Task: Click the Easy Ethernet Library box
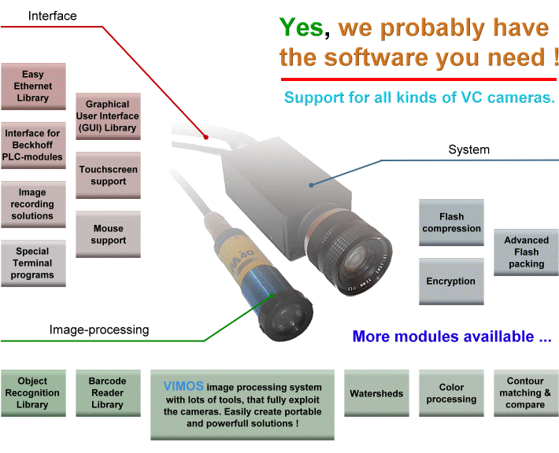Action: point(32,87)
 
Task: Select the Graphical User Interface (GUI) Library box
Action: point(108,116)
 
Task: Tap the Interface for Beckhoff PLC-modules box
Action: point(32,145)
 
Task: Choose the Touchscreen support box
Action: point(108,175)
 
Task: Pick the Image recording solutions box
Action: point(32,204)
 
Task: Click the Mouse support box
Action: point(108,234)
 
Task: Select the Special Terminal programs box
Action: point(32,263)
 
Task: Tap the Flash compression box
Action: point(451,223)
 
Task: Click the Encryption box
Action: point(451,282)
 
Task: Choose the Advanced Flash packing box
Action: point(526,252)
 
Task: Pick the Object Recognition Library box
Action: point(32,393)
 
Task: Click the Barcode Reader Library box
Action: point(107,393)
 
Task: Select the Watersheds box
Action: point(376,393)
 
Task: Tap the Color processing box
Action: point(451,393)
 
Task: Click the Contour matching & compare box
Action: point(525,393)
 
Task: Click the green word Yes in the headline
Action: point(301,29)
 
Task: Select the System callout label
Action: point(468,149)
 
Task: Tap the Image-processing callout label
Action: point(98,330)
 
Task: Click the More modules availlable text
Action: point(451,337)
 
